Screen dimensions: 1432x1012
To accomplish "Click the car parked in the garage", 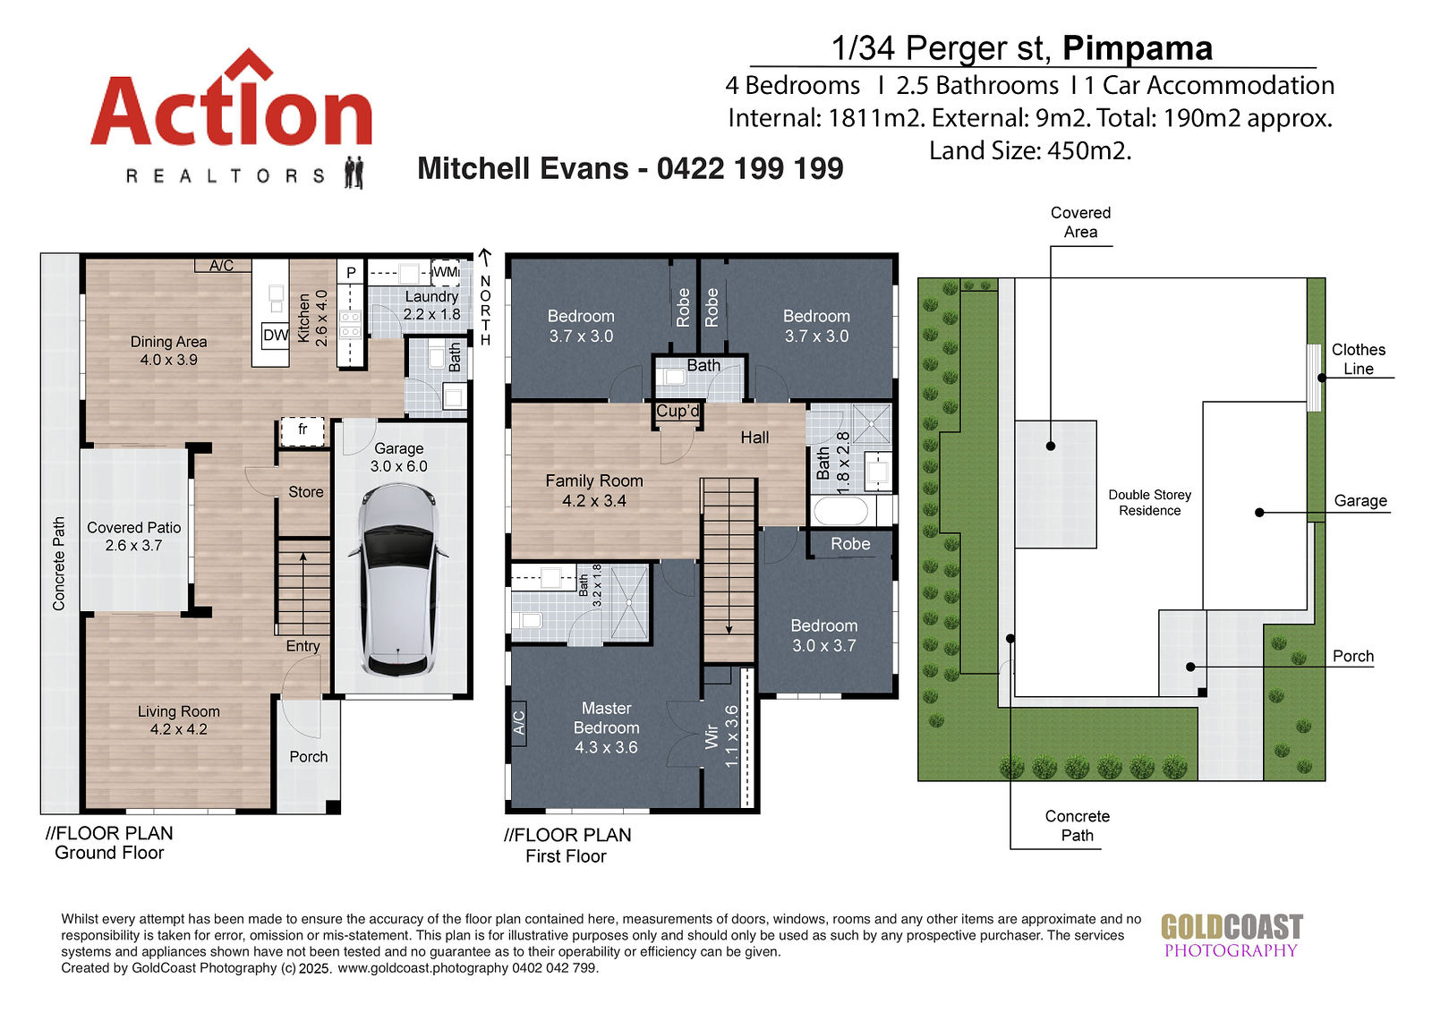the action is [397, 580].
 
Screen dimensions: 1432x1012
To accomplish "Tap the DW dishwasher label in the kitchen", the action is [276, 335].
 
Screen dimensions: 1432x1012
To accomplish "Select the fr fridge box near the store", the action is [303, 431].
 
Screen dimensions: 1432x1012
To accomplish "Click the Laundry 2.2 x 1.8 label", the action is [431, 305].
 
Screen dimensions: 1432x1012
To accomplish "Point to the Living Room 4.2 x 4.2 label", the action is [178, 719].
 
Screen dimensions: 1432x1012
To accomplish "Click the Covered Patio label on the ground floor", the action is [133, 536].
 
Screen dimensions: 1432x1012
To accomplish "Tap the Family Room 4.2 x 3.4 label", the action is [594, 490].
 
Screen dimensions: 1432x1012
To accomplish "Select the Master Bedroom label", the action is [606, 727].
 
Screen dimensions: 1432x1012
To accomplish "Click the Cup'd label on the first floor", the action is [678, 411].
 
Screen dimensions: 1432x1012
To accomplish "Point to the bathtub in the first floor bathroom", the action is [840, 512].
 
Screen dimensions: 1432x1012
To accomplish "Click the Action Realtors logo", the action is [232, 118].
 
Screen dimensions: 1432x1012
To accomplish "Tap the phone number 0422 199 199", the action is [750, 168].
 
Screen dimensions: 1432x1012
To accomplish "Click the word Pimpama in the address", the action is [1138, 48].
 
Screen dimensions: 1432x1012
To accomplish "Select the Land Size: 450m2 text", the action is [1030, 151].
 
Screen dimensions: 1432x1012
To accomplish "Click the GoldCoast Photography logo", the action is [1232, 935].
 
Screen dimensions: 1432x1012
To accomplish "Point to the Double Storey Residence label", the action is [1149, 503].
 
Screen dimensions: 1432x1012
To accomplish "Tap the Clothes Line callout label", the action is [1358, 359].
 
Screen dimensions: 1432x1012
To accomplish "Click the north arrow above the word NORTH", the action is [484, 258].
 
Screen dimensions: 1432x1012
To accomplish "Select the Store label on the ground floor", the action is [305, 491].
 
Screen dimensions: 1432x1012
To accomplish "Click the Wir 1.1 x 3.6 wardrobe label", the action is [721, 736].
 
